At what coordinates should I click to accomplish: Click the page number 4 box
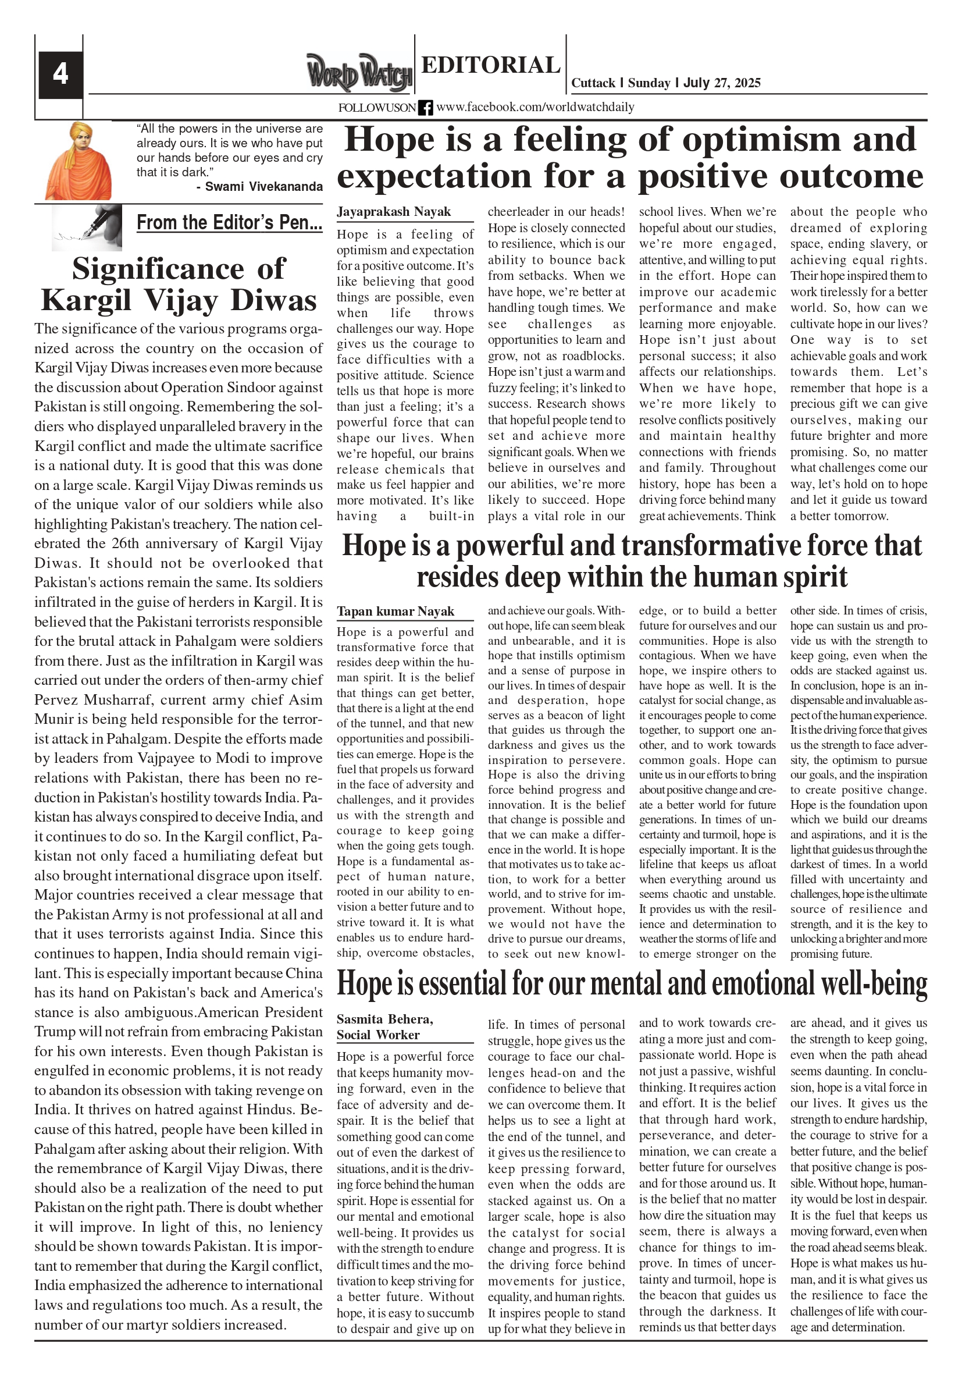(60, 74)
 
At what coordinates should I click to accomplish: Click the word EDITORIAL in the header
(490, 65)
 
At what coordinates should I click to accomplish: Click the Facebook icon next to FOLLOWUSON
(426, 108)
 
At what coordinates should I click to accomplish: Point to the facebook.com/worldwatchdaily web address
(535, 107)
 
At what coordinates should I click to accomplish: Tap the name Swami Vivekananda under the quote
(264, 186)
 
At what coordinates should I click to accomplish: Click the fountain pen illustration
(87, 227)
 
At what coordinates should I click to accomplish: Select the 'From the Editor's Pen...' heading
(229, 223)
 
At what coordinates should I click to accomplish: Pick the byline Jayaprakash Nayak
(393, 211)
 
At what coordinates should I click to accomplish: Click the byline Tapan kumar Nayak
(395, 611)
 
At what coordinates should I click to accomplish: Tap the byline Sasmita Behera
(384, 1019)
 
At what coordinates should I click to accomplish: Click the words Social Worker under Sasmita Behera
(377, 1034)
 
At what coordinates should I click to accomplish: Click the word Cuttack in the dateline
(593, 83)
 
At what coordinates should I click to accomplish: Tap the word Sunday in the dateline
(649, 83)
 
